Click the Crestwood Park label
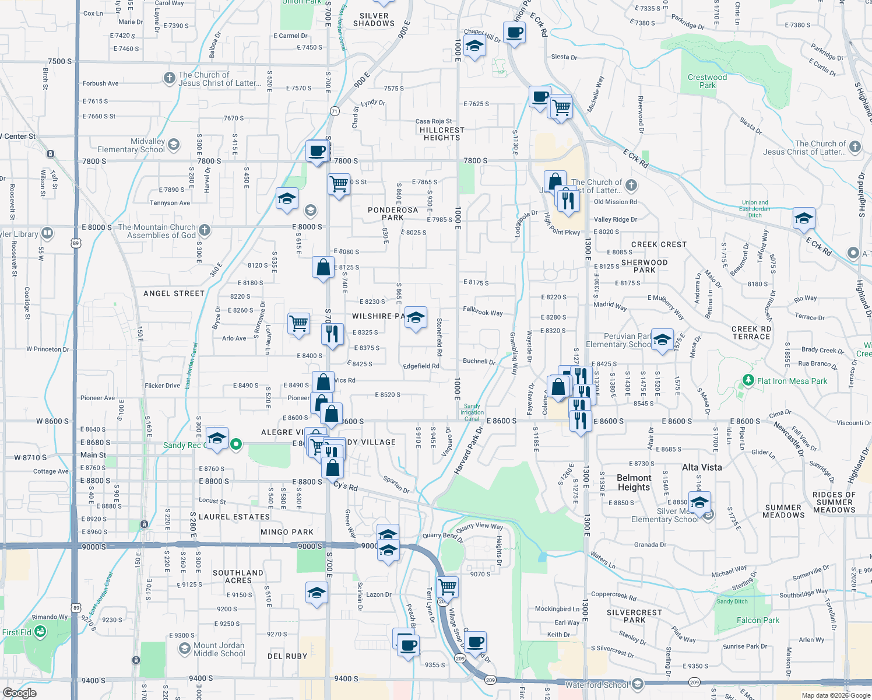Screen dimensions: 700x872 click(x=707, y=81)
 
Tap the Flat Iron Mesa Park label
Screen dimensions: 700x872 click(x=792, y=381)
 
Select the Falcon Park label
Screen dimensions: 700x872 click(x=758, y=620)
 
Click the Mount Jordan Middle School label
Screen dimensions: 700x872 click(x=219, y=649)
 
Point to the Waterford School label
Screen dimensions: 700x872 click(x=597, y=684)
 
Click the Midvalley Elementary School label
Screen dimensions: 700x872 click(x=131, y=145)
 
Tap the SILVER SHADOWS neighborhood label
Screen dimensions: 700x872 click(x=374, y=20)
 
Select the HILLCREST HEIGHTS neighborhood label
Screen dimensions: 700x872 click(x=442, y=134)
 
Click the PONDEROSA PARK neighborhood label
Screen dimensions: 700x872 click(x=393, y=213)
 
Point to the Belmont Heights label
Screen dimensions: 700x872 click(x=634, y=482)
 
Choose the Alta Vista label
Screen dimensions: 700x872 click(x=702, y=467)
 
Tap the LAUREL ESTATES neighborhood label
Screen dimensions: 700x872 click(x=234, y=517)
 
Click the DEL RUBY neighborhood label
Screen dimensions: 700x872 click(x=287, y=656)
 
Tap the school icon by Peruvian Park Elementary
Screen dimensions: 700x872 click(x=662, y=340)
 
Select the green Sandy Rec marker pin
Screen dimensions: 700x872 click(x=236, y=444)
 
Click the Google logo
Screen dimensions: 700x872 click(x=19, y=693)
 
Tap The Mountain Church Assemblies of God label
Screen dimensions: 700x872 click(x=157, y=231)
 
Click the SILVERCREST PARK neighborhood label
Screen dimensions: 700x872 click(x=634, y=616)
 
